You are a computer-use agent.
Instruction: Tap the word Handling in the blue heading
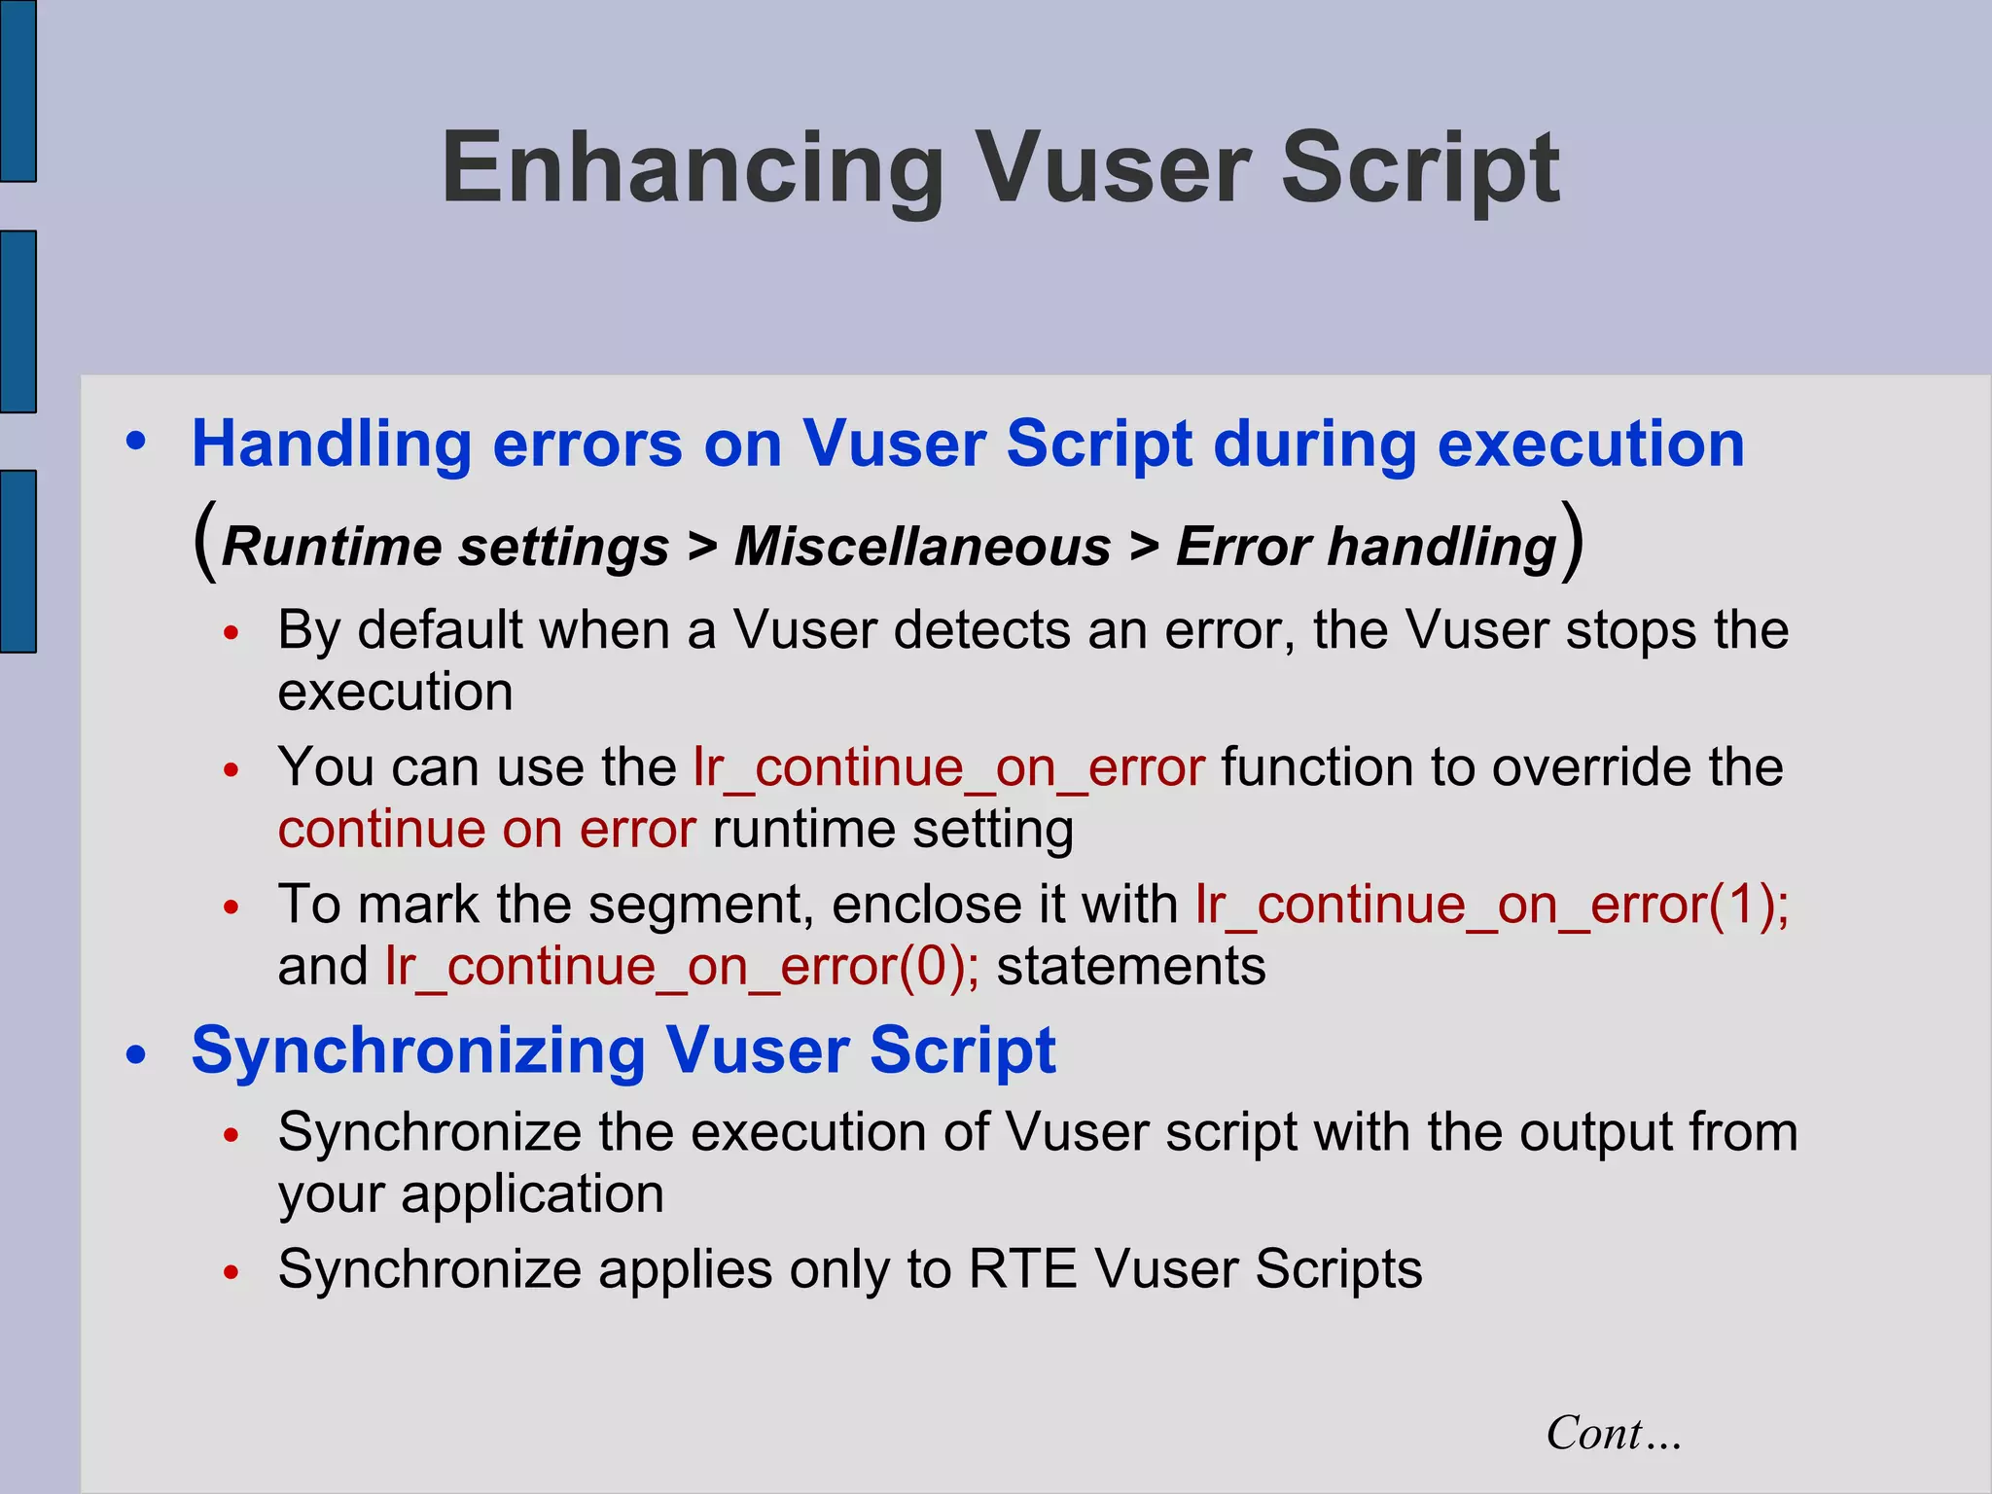click(332, 445)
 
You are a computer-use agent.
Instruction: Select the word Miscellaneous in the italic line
click(922, 547)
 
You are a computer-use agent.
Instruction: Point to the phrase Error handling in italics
click(1367, 547)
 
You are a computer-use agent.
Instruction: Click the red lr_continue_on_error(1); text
click(1491, 905)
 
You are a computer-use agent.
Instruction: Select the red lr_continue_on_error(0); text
click(682, 967)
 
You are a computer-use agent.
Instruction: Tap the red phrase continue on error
click(486, 830)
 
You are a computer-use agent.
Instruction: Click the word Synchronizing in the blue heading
click(418, 1051)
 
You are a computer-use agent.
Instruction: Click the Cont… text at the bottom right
click(1614, 1433)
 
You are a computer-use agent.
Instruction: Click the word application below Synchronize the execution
click(532, 1194)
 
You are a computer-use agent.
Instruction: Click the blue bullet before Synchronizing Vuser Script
click(136, 1055)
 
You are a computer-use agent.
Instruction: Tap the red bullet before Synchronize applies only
click(231, 1272)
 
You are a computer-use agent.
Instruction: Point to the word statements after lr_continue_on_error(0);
click(1131, 967)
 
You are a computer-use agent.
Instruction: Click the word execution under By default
click(395, 693)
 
